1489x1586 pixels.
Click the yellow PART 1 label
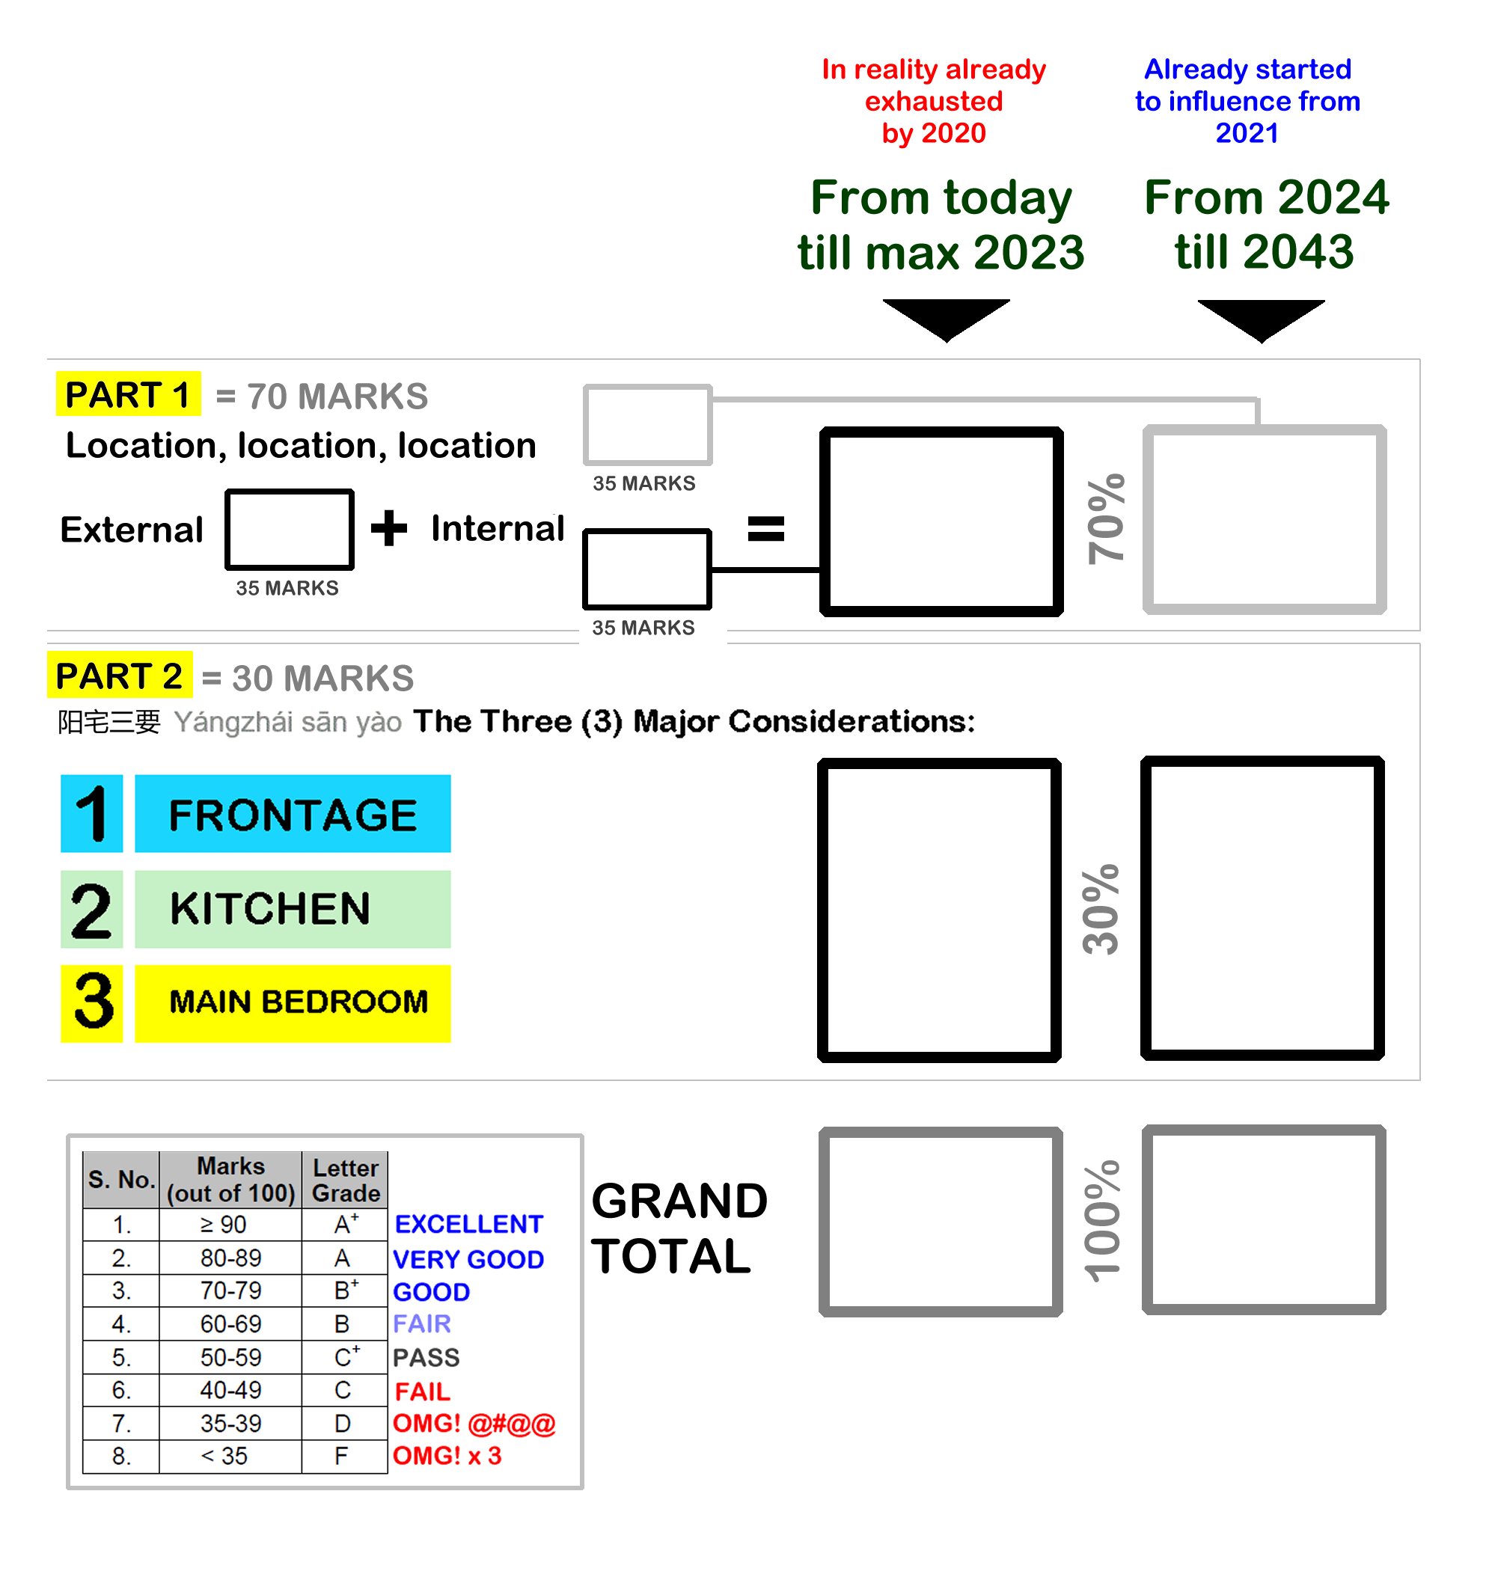click(x=128, y=394)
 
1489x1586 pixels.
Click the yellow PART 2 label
click(x=119, y=676)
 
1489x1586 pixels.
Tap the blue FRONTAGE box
click(x=292, y=814)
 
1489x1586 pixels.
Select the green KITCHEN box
click(x=292, y=909)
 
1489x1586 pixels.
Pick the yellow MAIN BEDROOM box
click(x=292, y=1002)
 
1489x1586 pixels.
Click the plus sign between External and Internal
click(x=388, y=528)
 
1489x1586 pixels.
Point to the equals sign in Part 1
click(x=765, y=528)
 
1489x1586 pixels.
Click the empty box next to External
click(x=289, y=529)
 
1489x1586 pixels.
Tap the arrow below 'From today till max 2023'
click(x=946, y=318)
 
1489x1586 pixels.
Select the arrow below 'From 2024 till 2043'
click(x=1261, y=318)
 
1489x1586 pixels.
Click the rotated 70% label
click(x=1106, y=519)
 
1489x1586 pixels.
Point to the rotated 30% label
click(x=1101, y=909)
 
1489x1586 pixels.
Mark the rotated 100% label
click(x=1102, y=1221)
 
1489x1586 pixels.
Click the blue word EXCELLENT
click(x=468, y=1224)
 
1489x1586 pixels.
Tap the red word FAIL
click(x=422, y=1391)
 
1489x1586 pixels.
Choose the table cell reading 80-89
click(x=230, y=1258)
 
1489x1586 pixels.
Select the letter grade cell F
click(x=341, y=1456)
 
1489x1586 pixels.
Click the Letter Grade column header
click(x=345, y=1180)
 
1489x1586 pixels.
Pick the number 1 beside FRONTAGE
click(x=92, y=814)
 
